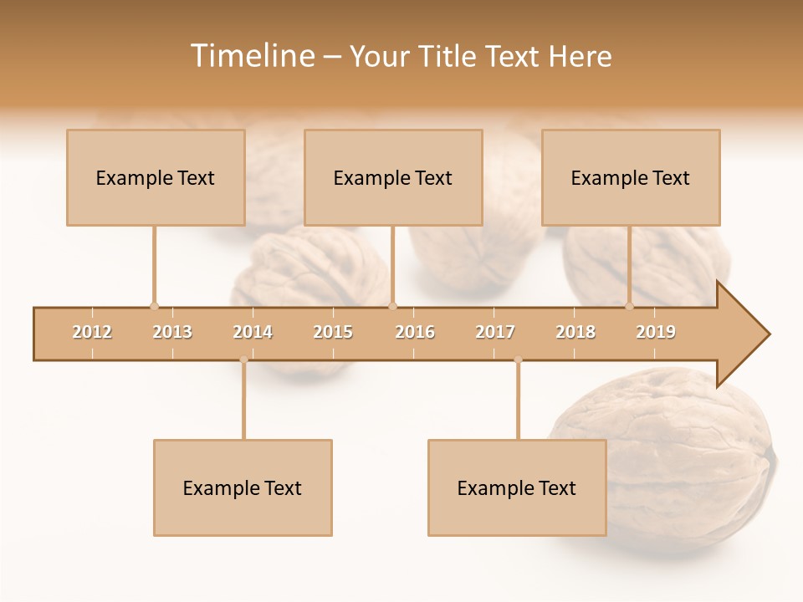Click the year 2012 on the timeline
click(92, 332)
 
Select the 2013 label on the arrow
click(172, 332)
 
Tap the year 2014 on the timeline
click(253, 332)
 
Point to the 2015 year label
click(333, 332)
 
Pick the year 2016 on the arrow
click(415, 332)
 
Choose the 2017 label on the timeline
click(495, 332)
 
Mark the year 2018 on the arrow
click(575, 332)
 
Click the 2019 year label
click(656, 332)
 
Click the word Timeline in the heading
click(251, 56)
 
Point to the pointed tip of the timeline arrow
click(768, 334)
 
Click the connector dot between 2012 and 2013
click(154, 306)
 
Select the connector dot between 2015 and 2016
click(392, 306)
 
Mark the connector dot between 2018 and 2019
click(630, 306)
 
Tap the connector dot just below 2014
click(243, 360)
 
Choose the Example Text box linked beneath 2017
click(517, 487)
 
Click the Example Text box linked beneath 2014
click(243, 487)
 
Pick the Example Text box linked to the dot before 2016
click(393, 177)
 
